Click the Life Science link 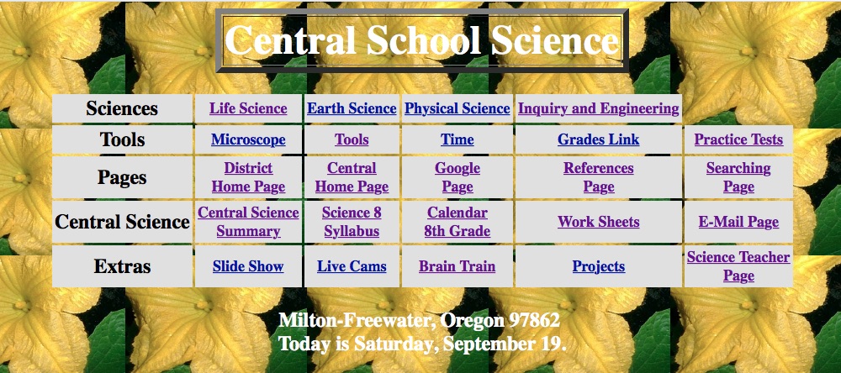(x=248, y=109)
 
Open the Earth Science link (x=352, y=109)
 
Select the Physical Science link (x=457, y=109)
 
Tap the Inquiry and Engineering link (x=598, y=109)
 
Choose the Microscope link (x=248, y=139)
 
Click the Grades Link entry (x=598, y=139)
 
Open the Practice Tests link (x=738, y=139)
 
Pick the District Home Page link (x=248, y=177)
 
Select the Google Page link (x=457, y=177)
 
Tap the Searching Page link (x=738, y=177)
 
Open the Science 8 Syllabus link (x=352, y=222)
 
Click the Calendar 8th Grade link (x=457, y=222)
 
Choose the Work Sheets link (x=598, y=222)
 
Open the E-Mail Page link (x=738, y=222)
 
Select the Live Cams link (x=352, y=266)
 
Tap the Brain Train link (x=457, y=266)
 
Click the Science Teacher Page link (x=738, y=266)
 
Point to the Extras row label (x=122, y=266)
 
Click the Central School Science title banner (x=421, y=40)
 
